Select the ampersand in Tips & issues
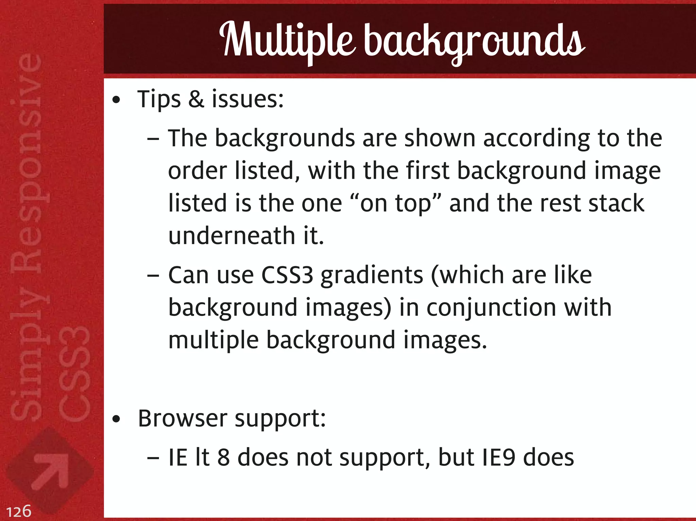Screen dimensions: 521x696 [196, 99]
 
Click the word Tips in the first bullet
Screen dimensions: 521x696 [159, 100]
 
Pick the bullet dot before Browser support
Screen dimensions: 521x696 [116, 420]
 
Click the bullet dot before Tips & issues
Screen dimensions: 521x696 [116, 101]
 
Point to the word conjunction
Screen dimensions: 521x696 [491, 308]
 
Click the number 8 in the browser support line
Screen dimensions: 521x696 [223, 457]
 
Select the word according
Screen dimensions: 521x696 [536, 139]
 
